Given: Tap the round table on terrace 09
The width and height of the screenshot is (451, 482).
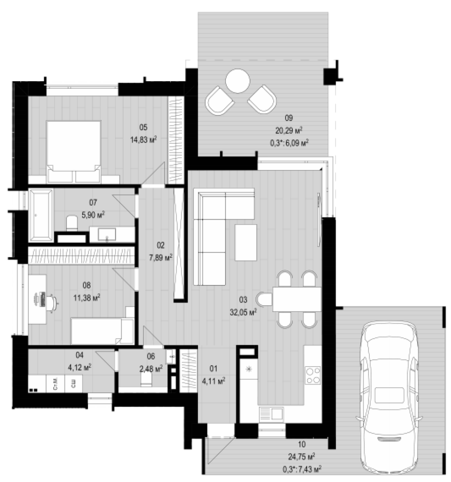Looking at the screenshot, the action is (237, 81).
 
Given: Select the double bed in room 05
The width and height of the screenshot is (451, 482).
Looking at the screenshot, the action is (74, 152).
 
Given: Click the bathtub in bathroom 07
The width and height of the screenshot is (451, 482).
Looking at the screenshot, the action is (41, 215).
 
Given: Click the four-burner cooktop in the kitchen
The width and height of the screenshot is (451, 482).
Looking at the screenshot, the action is (313, 375).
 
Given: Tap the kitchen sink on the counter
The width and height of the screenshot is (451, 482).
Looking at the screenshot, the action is (272, 414).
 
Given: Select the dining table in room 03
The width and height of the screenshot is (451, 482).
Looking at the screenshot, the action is (297, 299).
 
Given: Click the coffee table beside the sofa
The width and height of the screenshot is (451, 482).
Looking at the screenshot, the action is (246, 243).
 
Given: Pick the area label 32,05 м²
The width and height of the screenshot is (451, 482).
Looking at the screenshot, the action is (243, 312).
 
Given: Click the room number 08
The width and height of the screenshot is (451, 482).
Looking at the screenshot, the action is (87, 285).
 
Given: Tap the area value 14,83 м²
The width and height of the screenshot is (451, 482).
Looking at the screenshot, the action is (143, 140).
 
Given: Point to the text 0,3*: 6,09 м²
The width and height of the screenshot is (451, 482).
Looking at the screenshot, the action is (289, 143).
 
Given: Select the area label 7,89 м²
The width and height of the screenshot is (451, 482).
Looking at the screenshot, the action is (161, 257).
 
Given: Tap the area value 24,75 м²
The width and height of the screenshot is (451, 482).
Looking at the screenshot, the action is (301, 457).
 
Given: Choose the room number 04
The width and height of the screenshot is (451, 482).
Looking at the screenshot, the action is (79, 355).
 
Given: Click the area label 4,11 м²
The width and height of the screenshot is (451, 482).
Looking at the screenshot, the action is (213, 381).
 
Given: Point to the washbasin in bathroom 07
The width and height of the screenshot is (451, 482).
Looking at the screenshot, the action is (107, 234).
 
